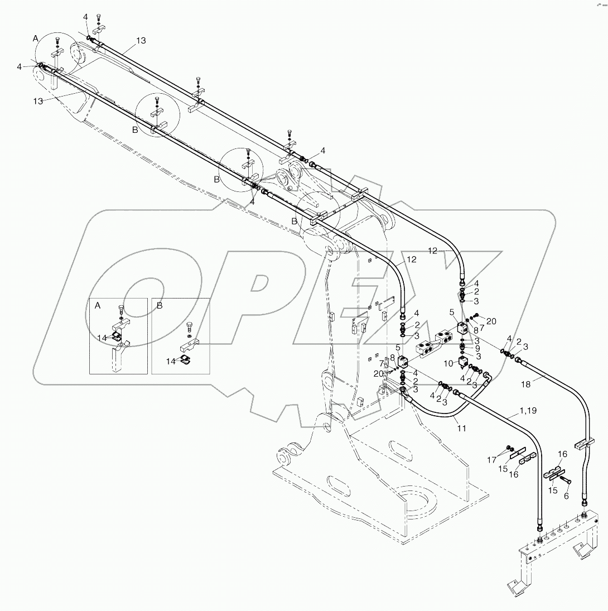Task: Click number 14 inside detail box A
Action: click(x=102, y=338)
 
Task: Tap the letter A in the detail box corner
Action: click(x=98, y=305)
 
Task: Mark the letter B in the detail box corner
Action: click(x=160, y=305)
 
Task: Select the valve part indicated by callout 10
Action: click(x=462, y=363)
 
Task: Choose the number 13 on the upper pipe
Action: click(x=141, y=40)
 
